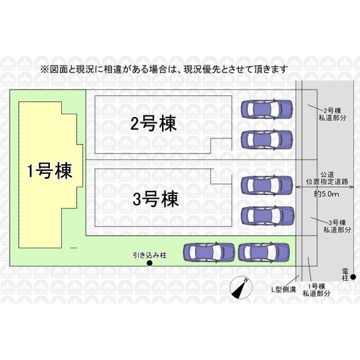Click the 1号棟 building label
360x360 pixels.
(50, 172)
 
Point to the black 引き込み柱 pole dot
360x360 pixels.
(150, 263)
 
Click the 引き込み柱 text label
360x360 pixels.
(149, 254)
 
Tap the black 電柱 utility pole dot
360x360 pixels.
(353, 277)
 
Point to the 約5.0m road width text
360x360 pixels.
(327, 194)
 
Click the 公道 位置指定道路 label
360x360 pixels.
(327, 177)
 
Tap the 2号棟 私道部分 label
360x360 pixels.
(332, 114)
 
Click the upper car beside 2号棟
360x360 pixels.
(268, 109)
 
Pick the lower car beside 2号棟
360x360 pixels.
(268, 139)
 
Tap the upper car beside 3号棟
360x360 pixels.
(268, 184)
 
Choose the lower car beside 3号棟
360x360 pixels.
(268, 214)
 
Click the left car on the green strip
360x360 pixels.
(208, 252)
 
